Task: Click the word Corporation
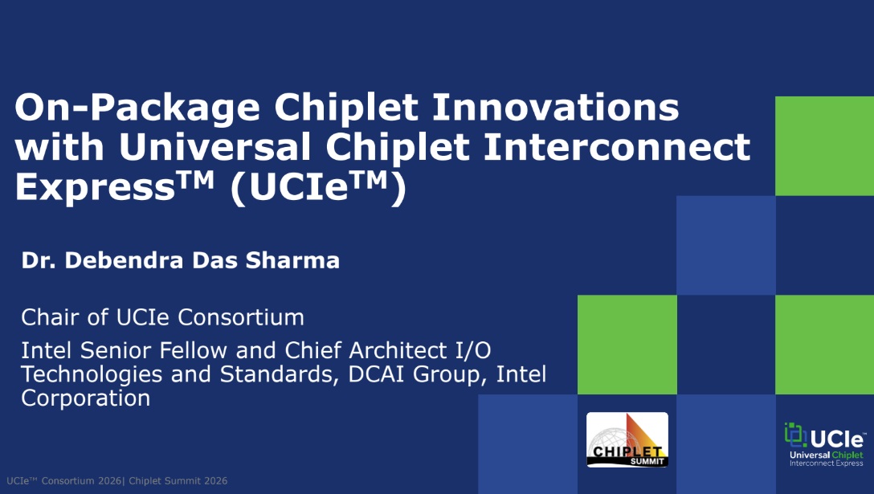pos(85,398)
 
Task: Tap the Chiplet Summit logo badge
pos(627,439)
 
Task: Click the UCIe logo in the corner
pos(825,444)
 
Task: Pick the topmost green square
pos(824,145)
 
